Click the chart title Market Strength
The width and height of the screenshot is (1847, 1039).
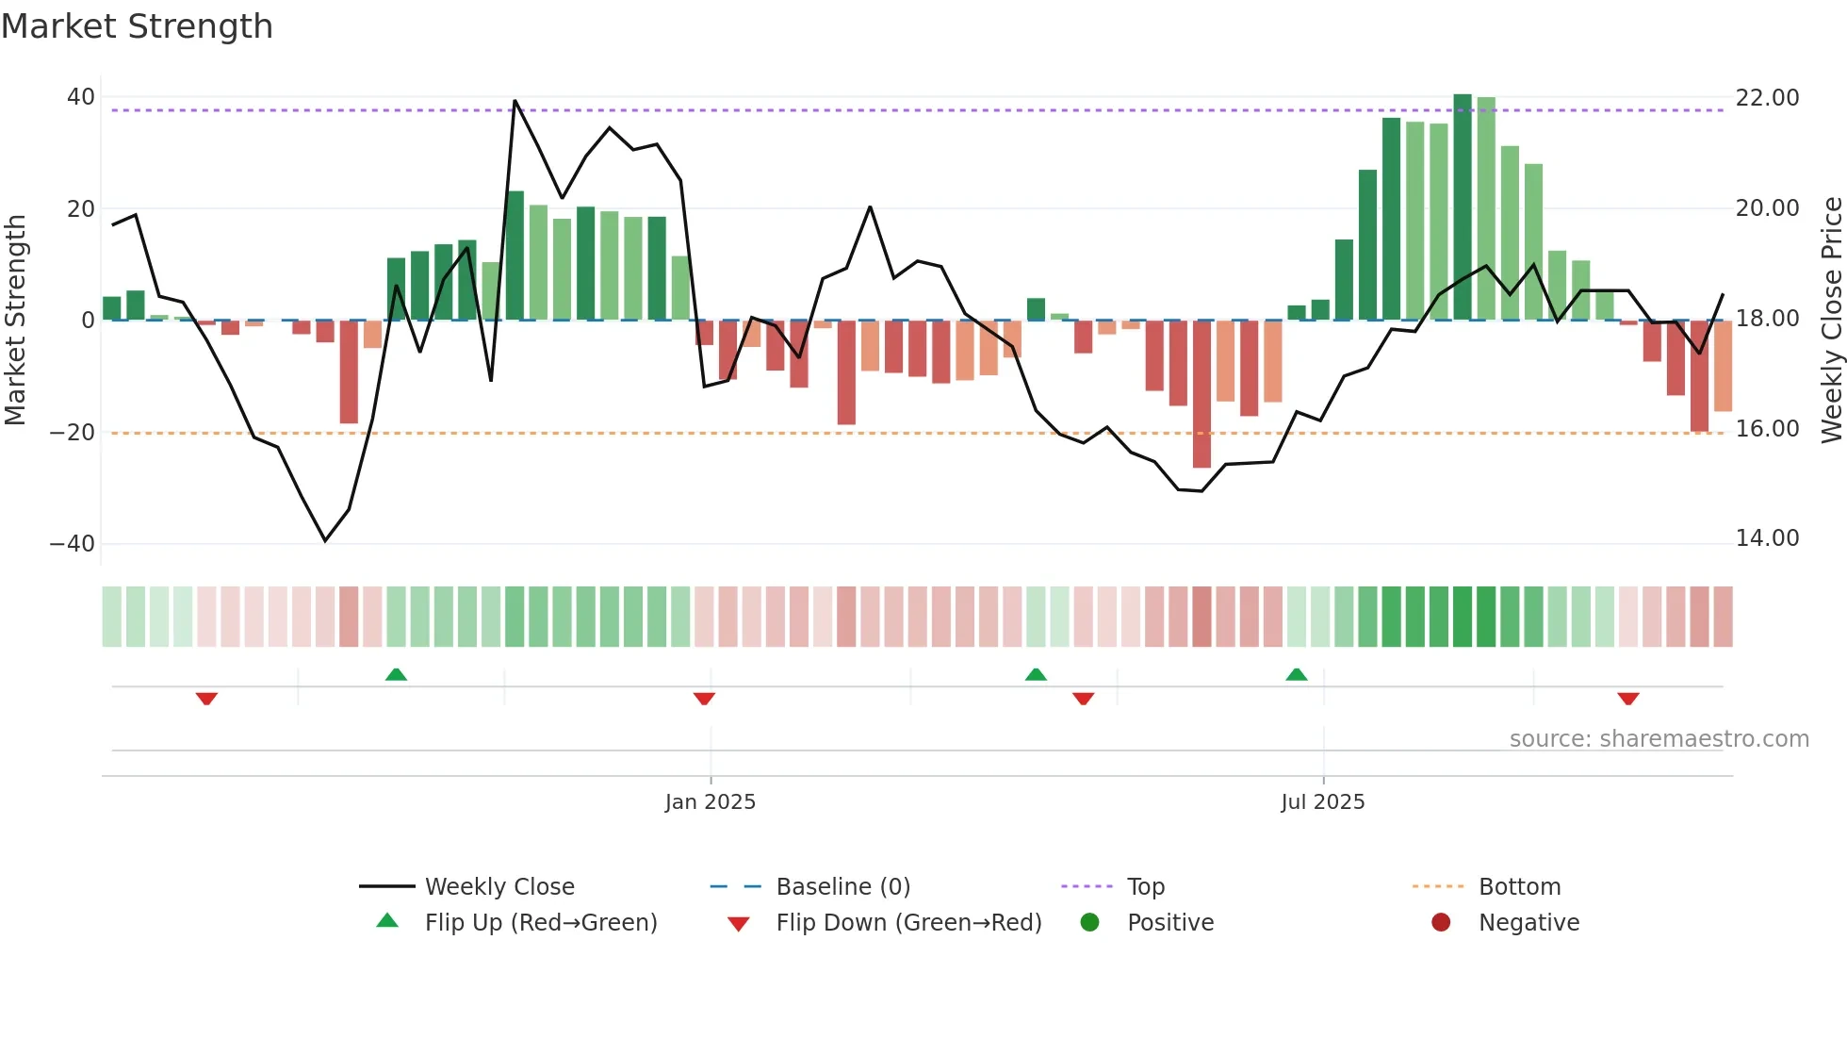pyautogui.click(x=137, y=26)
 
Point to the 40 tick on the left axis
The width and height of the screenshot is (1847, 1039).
pyautogui.click(x=81, y=97)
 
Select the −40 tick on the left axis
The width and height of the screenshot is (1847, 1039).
pyautogui.click(x=73, y=544)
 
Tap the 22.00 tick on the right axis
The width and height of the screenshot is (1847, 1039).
pyautogui.click(x=1767, y=98)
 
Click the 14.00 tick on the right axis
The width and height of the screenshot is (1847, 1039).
pyautogui.click(x=1767, y=538)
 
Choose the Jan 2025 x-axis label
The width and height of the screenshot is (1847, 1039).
pyautogui.click(x=710, y=802)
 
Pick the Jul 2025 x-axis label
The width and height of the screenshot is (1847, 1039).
pyautogui.click(x=1322, y=802)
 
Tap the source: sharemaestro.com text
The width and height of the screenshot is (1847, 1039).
pyautogui.click(x=1659, y=739)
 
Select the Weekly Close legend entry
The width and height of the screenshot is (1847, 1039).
pyautogui.click(x=499, y=887)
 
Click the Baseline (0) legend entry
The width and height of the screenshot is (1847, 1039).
pyautogui.click(x=842, y=887)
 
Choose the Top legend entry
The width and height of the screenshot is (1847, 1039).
pyautogui.click(x=1145, y=887)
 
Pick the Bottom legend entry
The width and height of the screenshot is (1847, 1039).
pyautogui.click(x=1519, y=887)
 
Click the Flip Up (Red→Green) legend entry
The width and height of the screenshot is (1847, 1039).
pyautogui.click(x=540, y=923)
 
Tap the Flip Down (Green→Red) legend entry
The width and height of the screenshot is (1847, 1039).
pyautogui.click(x=908, y=923)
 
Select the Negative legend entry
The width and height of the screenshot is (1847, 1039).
pyautogui.click(x=1528, y=923)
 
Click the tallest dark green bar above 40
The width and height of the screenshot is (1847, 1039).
pyautogui.click(x=1462, y=207)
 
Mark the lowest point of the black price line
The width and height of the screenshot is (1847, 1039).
pyautogui.click(x=325, y=540)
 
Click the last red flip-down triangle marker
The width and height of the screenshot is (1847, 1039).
pyautogui.click(x=1628, y=699)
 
